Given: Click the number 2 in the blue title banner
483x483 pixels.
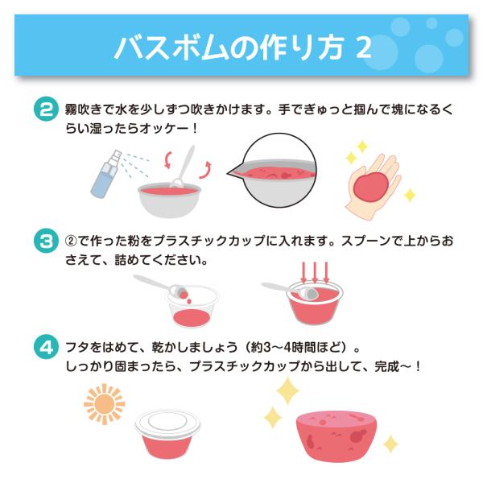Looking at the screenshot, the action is point(364,47).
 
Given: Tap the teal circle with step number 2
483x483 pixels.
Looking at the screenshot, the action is point(46,109).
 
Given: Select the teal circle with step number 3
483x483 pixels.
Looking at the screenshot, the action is point(46,241).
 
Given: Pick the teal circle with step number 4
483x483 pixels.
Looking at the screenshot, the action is point(46,347).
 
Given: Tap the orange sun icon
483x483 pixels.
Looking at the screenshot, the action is point(105,404).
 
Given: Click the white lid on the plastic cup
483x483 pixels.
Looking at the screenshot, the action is point(167,423).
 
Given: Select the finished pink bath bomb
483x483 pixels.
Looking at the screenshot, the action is point(336,436).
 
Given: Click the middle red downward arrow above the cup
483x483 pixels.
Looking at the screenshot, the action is point(315,273).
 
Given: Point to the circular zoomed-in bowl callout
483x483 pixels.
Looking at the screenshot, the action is point(273,170).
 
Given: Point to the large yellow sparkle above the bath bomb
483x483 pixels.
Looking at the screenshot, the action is point(287,390).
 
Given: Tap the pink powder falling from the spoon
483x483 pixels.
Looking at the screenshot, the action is point(186,296).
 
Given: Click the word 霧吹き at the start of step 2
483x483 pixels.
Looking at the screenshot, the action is point(83,109).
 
